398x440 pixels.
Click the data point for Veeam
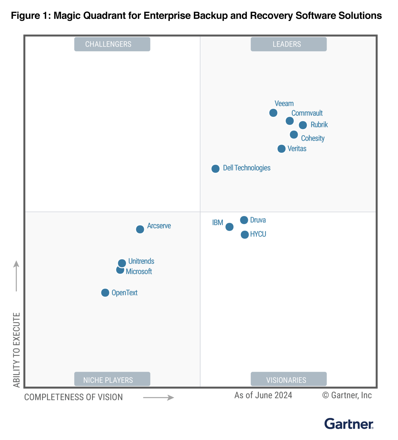coord(273,113)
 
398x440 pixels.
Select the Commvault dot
coord(289,121)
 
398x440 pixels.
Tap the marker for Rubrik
coord(303,125)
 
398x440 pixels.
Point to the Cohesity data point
coord(294,134)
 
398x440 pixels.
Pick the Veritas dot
coord(281,149)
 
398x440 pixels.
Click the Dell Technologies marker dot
coord(215,169)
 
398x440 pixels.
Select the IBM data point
coord(229,227)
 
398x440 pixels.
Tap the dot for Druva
coord(244,220)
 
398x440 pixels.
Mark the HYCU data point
coord(244,235)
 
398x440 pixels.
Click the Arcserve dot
coord(140,229)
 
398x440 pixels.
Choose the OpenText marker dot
coord(105,292)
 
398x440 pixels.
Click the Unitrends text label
coord(141,261)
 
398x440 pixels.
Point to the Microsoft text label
coord(139,272)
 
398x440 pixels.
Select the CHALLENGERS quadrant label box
coord(112,44)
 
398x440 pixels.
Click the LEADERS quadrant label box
coord(289,44)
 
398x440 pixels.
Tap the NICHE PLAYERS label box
coord(112,379)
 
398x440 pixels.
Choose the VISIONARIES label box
coord(289,379)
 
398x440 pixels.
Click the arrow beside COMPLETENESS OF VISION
coord(158,398)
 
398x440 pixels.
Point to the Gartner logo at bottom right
coord(349,424)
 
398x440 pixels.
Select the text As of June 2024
coord(263,395)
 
